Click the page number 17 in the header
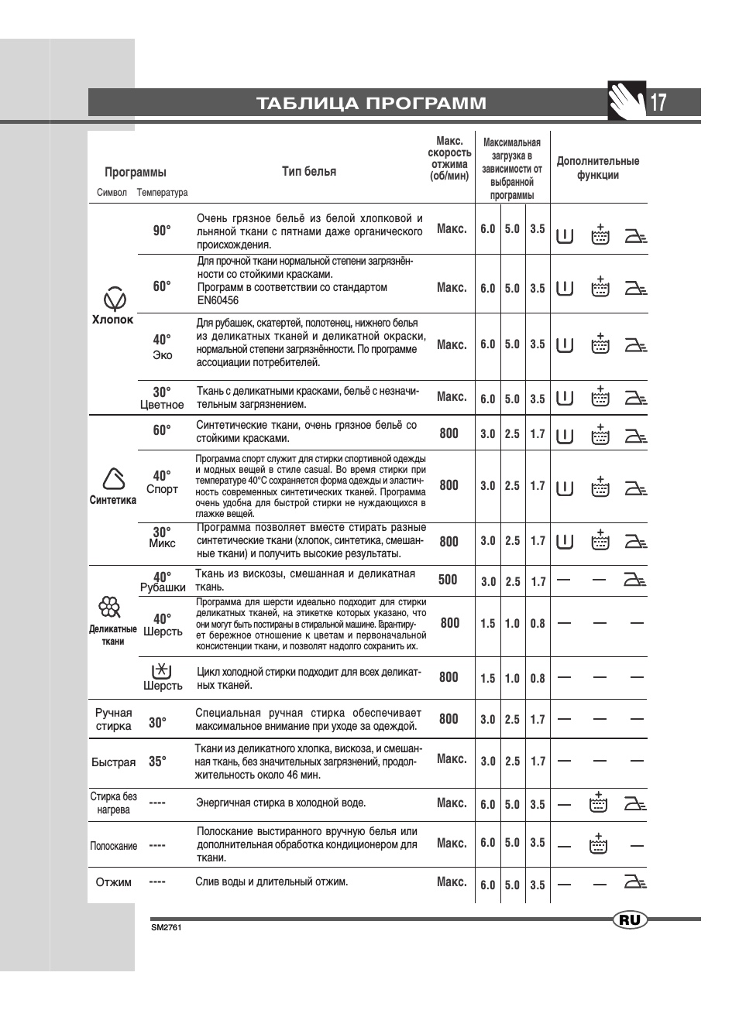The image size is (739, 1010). tap(658, 102)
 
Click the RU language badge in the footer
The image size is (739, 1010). tap(630, 919)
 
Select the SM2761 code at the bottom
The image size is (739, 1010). tap(166, 927)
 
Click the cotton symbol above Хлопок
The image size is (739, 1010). tap(115, 298)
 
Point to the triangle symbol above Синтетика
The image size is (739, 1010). tap(114, 479)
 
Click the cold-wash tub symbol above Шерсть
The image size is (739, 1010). tap(161, 670)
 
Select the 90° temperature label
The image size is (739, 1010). tap(162, 230)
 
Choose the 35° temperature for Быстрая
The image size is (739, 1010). tap(157, 762)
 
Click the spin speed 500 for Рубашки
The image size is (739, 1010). tap(448, 580)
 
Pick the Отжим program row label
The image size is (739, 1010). tap(113, 882)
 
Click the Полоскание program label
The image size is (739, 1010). tap(113, 846)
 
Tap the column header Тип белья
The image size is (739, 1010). tap(309, 171)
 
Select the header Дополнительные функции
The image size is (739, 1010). tap(598, 168)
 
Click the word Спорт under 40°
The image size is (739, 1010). tap(162, 489)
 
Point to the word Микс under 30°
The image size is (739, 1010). tap(162, 543)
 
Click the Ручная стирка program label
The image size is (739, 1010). tap(113, 719)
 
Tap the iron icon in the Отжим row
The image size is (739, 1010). tap(635, 882)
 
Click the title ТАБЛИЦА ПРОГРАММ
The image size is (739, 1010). tap(372, 103)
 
